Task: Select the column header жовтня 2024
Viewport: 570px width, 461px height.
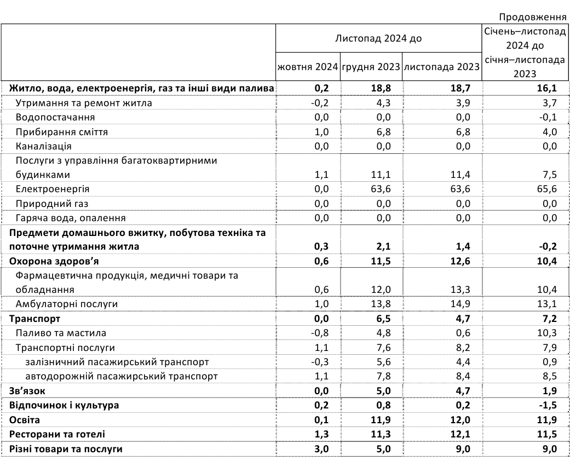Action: click(x=307, y=67)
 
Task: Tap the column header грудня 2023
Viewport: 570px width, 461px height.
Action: click(x=371, y=67)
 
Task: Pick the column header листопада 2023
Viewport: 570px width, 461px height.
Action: click(x=441, y=67)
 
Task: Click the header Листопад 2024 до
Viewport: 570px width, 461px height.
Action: click(x=378, y=39)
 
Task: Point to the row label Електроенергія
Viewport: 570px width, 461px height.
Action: click(x=53, y=189)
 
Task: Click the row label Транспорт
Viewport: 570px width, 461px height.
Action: click(x=34, y=319)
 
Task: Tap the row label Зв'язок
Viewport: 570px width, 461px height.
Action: click(x=27, y=391)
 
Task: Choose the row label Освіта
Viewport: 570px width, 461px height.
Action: click(x=25, y=420)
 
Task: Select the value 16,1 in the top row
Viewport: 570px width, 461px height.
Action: click(x=547, y=88)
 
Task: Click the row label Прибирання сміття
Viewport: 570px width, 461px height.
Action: click(x=62, y=132)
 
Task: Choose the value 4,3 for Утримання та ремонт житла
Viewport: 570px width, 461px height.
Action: click(x=384, y=103)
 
